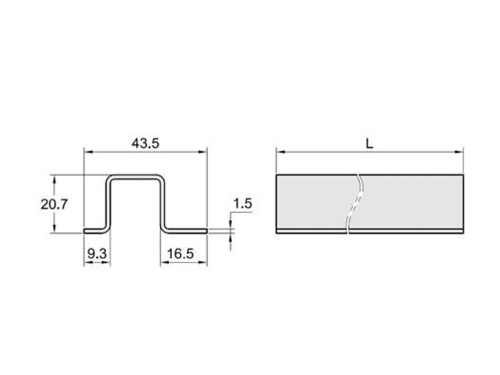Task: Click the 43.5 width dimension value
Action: click(146, 144)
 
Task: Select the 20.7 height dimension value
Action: click(54, 204)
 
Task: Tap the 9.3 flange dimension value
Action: click(97, 254)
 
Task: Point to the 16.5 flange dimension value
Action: click(180, 254)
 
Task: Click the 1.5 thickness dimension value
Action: click(242, 204)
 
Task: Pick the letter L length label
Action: click(369, 144)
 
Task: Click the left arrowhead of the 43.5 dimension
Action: click(88, 152)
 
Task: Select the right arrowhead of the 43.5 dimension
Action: click(202, 152)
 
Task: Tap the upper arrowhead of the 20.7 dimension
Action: click(54, 179)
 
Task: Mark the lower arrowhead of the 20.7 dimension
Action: click(54, 229)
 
